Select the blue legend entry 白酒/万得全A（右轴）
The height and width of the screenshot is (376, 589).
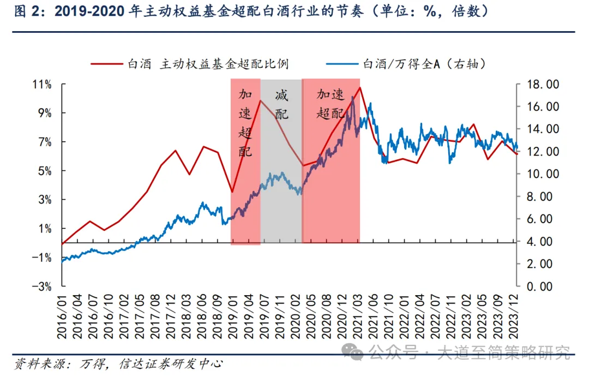(406, 64)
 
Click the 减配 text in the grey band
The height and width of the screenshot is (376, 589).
(281, 105)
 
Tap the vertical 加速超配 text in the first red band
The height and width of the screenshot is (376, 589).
(245, 123)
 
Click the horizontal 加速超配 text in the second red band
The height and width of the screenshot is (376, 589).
(331, 104)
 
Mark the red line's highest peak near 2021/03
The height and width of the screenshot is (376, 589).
(360, 87)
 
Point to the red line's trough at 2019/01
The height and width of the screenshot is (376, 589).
(233, 192)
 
